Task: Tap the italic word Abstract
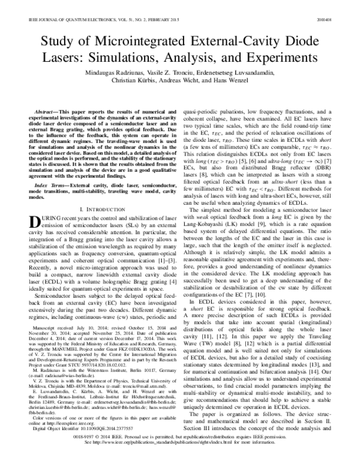pos(46,113)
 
